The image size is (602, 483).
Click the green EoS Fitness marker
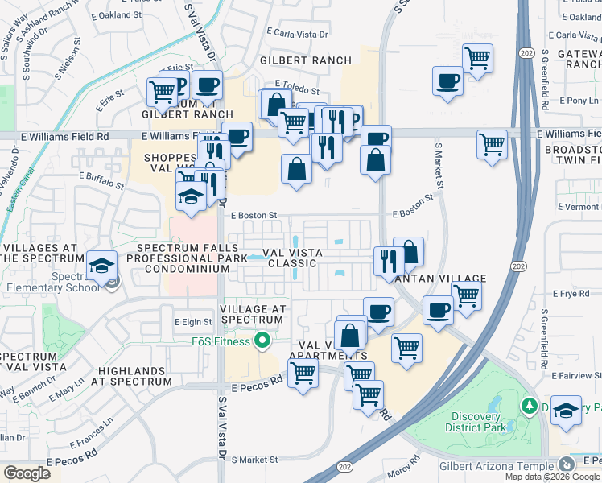pyautogui.click(x=261, y=342)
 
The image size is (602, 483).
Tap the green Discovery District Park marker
pyautogui.click(x=530, y=403)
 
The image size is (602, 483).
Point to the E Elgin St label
pyautogui.click(x=193, y=322)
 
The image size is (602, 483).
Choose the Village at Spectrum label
pyautogui.click(x=252, y=314)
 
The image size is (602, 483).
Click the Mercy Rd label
pyautogui.click(x=405, y=463)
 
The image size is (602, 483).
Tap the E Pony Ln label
pyautogui.click(x=579, y=101)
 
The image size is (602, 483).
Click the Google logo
pyautogui.click(x=27, y=473)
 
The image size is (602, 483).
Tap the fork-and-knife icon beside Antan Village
pyautogui.click(x=387, y=260)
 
